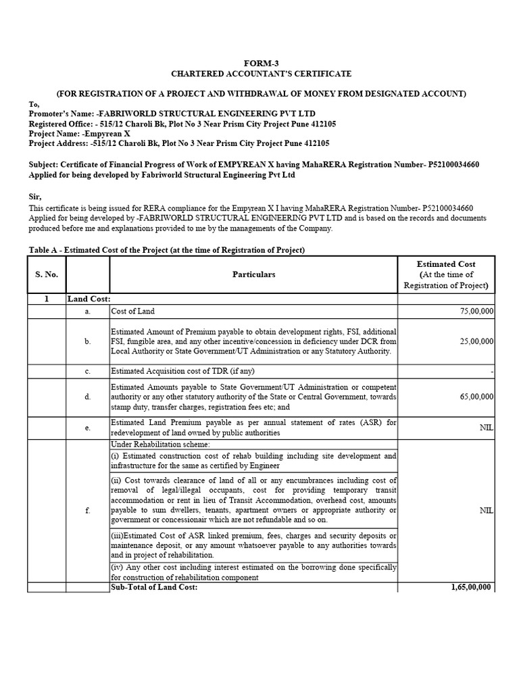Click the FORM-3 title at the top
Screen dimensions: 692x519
(260, 62)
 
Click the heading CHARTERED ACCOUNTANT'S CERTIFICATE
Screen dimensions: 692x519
(260, 74)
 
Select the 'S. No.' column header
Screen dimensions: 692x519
(47, 274)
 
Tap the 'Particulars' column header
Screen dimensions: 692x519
(253, 274)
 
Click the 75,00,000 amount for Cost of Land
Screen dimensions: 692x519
(476, 311)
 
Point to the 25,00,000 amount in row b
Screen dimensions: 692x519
(476, 342)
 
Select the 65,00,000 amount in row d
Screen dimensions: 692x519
(476, 397)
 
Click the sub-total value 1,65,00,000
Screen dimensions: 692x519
(472, 588)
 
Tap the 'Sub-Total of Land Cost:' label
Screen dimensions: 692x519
(154, 588)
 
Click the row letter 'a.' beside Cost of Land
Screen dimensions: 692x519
(87, 311)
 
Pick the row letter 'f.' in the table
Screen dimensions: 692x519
(87, 510)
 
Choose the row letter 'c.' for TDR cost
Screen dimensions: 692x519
(87, 371)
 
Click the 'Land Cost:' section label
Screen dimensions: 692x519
(89, 298)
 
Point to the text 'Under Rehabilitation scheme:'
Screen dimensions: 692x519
(160, 444)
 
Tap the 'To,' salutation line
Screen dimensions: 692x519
(34, 104)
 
